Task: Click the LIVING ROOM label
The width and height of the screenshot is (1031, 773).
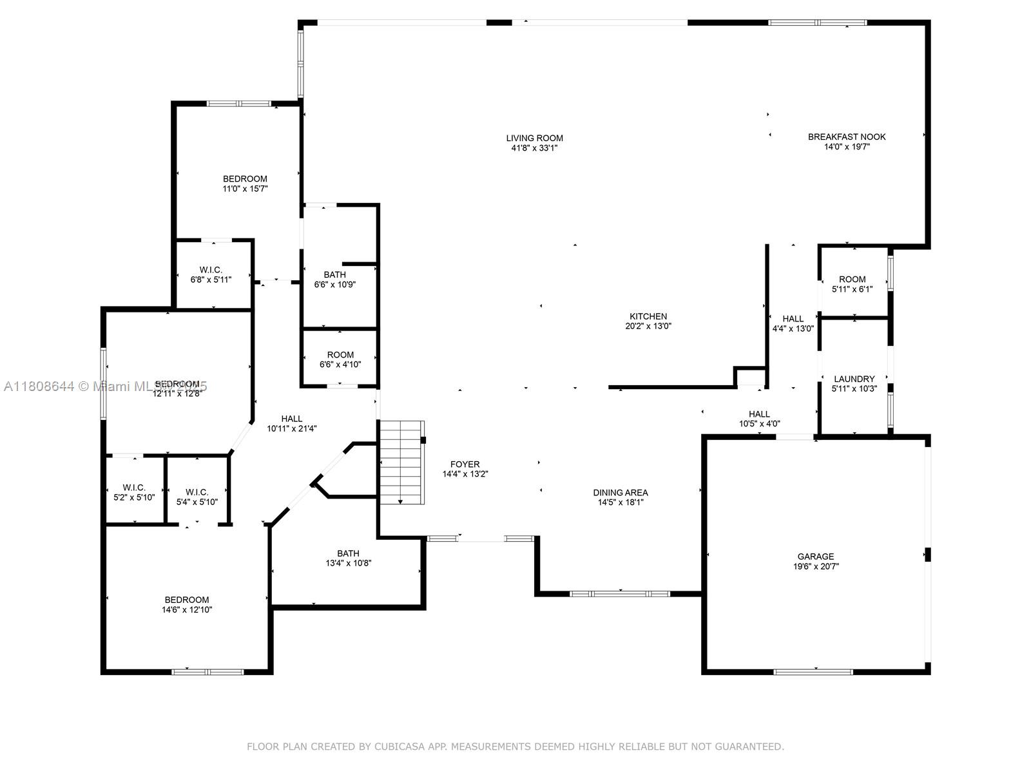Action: click(534, 138)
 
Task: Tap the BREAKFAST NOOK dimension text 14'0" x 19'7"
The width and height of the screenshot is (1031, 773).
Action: click(847, 147)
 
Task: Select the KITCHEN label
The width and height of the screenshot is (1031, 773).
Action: click(648, 316)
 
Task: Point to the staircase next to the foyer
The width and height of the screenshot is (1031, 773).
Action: click(401, 463)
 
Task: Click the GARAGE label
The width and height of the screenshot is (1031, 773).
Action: click(815, 557)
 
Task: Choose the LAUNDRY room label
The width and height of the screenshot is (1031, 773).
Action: click(854, 379)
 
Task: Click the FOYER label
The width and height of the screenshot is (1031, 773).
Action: click(465, 464)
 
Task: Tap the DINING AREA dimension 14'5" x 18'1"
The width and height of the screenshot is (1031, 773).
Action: click(621, 502)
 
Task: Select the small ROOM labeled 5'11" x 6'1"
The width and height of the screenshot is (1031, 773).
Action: click(852, 284)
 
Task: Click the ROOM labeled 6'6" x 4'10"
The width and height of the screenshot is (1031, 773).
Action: click(340, 359)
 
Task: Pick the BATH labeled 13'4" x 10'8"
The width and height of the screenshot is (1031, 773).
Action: click(348, 558)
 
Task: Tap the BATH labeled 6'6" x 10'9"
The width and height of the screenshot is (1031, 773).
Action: click(334, 280)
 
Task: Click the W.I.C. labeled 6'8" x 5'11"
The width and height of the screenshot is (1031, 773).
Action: click(211, 274)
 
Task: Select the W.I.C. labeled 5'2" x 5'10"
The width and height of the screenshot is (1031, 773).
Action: click(134, 492)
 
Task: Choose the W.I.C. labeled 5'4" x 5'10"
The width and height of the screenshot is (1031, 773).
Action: click(197, 497)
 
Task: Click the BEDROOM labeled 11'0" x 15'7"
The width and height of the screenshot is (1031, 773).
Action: click(245, 184)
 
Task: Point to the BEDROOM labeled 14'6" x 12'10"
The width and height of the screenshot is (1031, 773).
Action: click(186, 604)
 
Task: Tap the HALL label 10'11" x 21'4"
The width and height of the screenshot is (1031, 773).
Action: click(291, 423)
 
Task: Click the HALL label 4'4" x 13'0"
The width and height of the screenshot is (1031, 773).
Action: click(793, 323)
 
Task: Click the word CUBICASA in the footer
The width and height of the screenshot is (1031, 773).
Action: click(402, 747)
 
